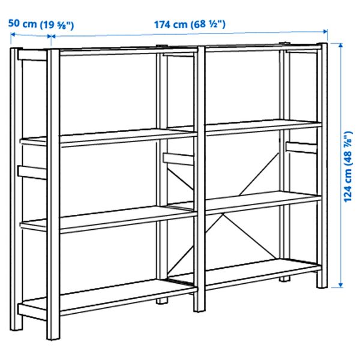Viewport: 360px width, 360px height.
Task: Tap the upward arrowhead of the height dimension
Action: tap(340, 46)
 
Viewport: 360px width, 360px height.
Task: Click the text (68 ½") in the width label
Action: tap(206, 25)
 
